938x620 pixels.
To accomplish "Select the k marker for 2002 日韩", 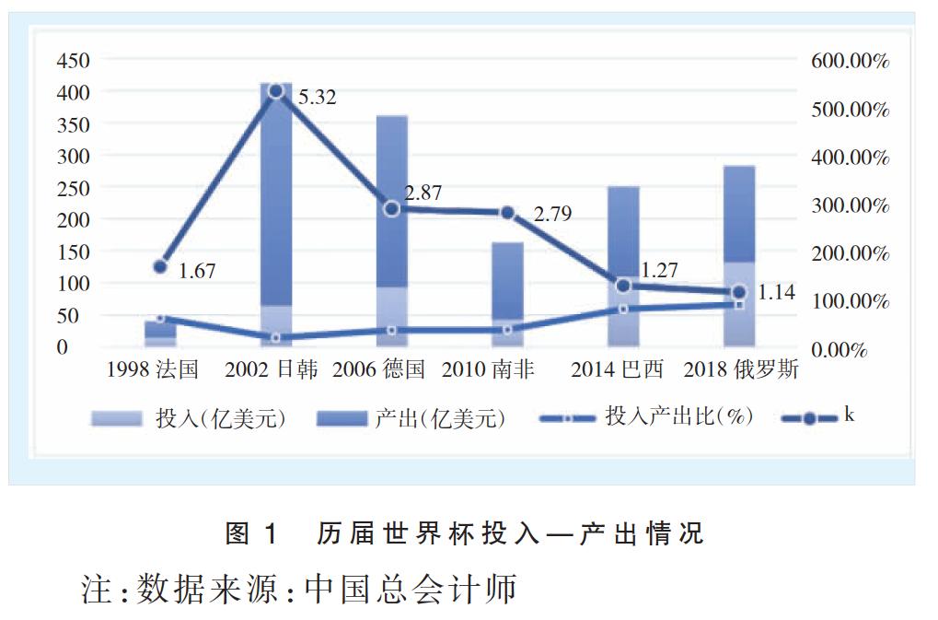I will (275, 90).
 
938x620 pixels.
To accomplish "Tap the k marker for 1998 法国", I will (160, 266).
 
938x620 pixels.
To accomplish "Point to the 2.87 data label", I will (423, 193).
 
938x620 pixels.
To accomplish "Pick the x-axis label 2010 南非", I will (488, 370).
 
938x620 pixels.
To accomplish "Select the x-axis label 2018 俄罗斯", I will (741, 370).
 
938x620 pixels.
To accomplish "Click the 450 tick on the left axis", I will (73, 61).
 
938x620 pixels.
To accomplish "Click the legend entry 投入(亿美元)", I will (189, 418).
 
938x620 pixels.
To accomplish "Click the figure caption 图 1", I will (251, 532).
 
